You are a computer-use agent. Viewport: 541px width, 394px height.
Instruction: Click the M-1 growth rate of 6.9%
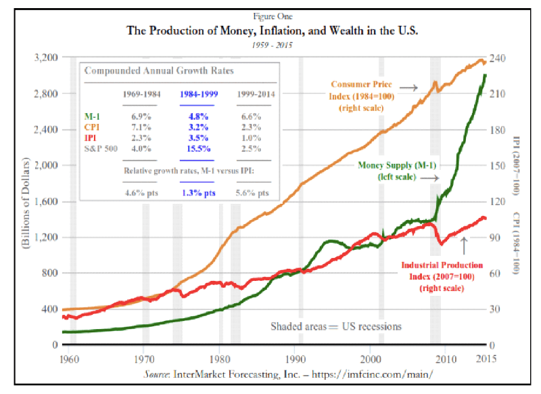[133, 118]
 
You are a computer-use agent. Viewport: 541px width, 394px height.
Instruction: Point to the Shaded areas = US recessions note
[335, 326]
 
